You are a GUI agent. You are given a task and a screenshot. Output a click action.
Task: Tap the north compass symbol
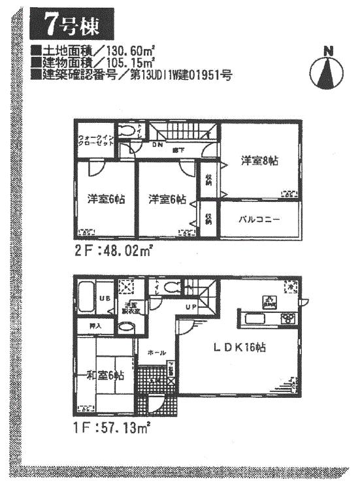(328, 71)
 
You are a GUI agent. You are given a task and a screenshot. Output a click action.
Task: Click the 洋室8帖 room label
(258, 160)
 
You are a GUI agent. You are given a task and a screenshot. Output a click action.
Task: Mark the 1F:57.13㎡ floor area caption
(112, 428)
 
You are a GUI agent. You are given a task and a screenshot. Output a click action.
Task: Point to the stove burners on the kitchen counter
(287, 319)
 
